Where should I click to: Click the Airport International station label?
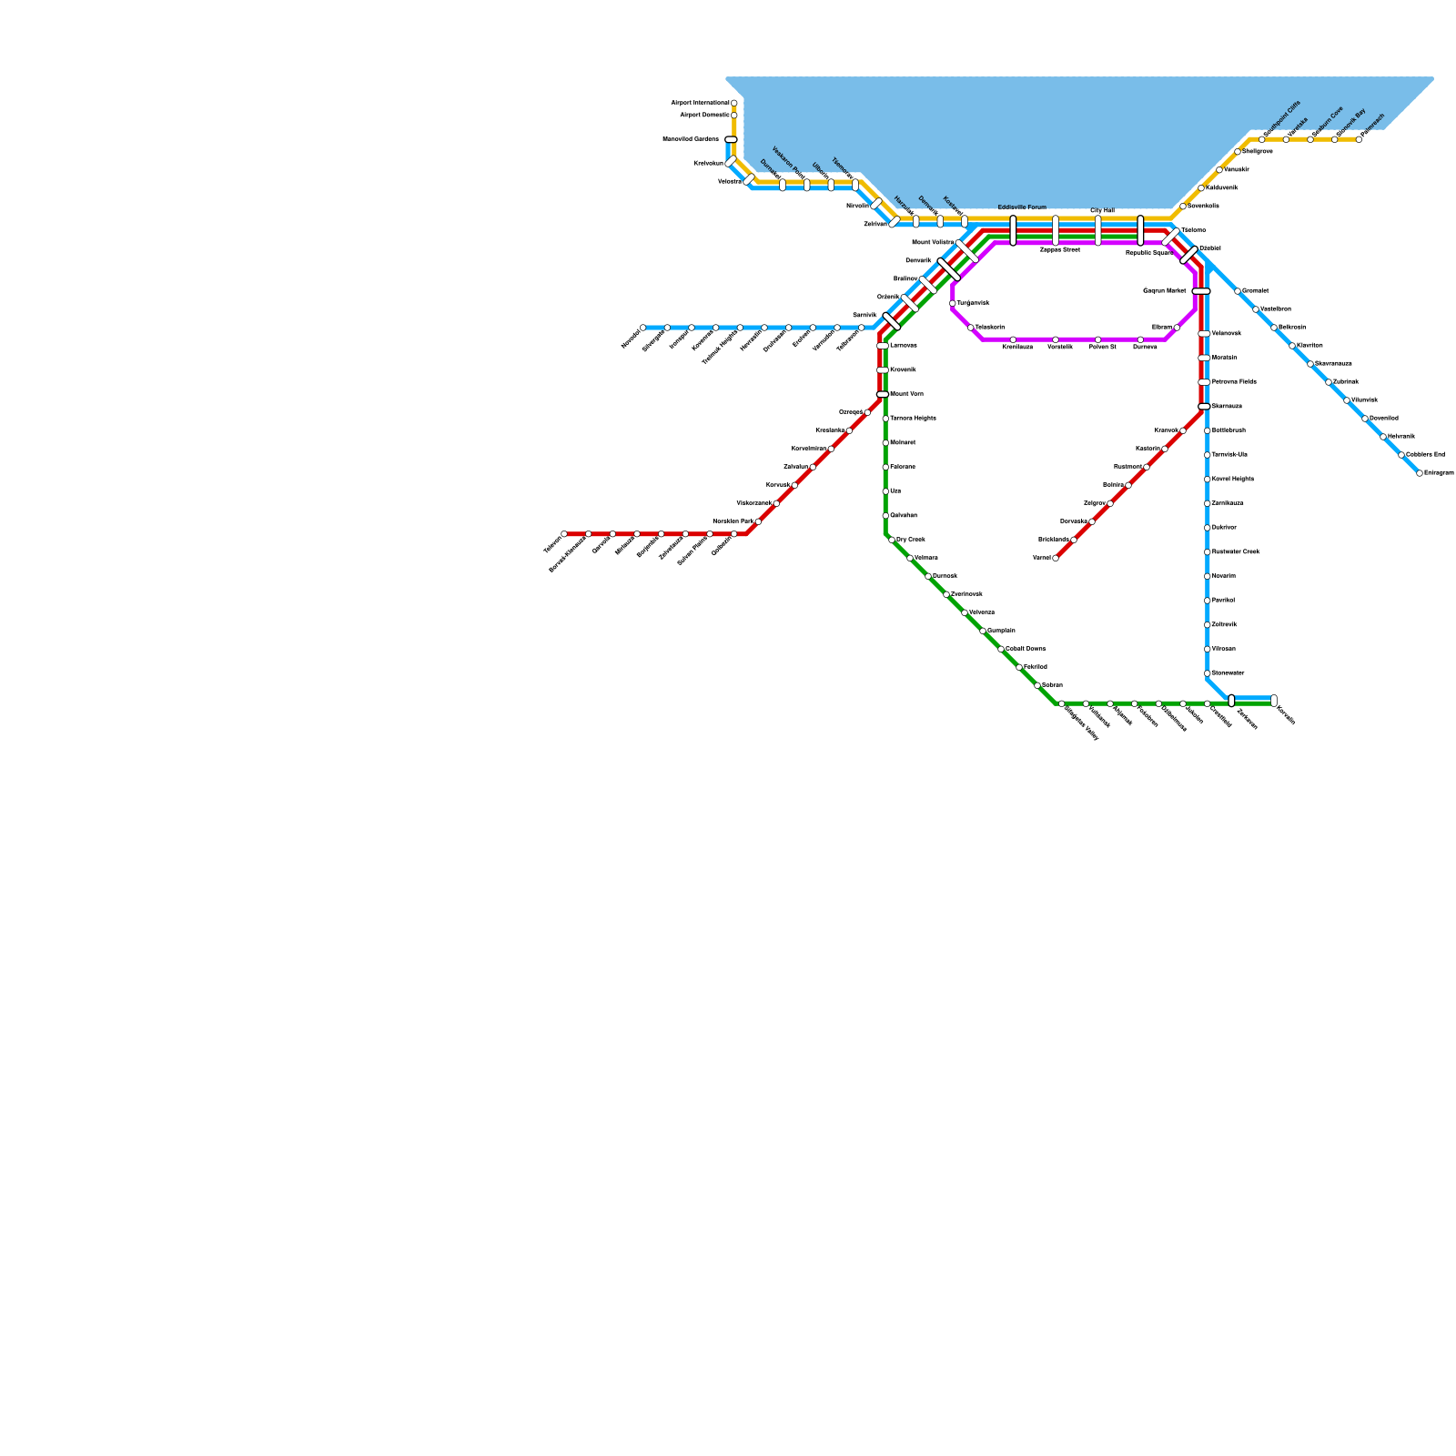(x=700, y=103)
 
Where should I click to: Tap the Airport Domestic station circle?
(x=734, y=116)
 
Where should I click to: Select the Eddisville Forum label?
(x=1022, y=207)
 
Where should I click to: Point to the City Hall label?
(x=1102, y=210)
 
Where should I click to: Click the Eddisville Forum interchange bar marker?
(x=1013, y=230)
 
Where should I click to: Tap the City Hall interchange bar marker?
(x=1098, y=230)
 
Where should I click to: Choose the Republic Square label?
(x=1148, y=253)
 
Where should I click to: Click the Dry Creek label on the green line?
(x=911, y=540)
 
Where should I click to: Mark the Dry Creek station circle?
(x=892, y=540)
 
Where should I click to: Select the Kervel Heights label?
(x=1233, y=479)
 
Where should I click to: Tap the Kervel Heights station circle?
(x=1208, y=480)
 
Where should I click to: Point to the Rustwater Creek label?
(x=1236, y=551)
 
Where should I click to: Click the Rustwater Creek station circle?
(x=1208, y=552)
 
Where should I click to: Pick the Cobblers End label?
(x=1425, y=454)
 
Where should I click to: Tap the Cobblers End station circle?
(x=1401, y=455)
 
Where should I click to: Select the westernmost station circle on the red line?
(x=564, y=534)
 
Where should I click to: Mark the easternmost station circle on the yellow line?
(x=1359, y=139)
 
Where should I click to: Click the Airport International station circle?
(x=734, y=103)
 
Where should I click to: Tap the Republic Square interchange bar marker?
(x=1140, y=230)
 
